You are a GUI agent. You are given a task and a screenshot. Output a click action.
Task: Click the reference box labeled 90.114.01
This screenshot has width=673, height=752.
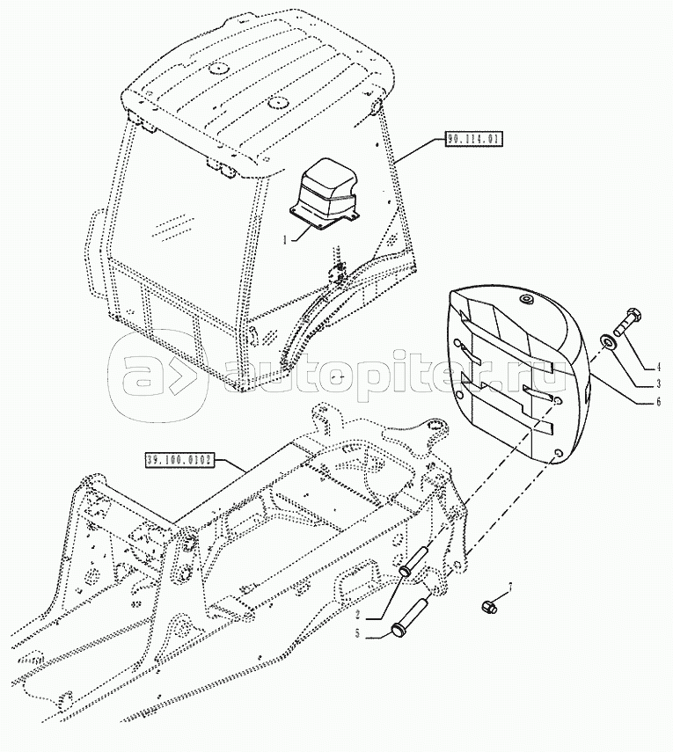(473, 139)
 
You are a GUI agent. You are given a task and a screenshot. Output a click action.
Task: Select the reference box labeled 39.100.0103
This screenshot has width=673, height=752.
(179, 459)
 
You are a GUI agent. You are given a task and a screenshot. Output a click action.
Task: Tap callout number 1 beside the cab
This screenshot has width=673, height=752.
(284, 239)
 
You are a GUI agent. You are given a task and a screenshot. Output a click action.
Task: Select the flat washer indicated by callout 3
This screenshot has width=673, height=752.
(609, 342)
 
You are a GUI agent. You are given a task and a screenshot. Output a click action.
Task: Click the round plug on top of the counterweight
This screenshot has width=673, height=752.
(528, 302)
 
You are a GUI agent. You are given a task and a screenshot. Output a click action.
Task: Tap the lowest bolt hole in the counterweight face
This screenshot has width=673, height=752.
(555, 454)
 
